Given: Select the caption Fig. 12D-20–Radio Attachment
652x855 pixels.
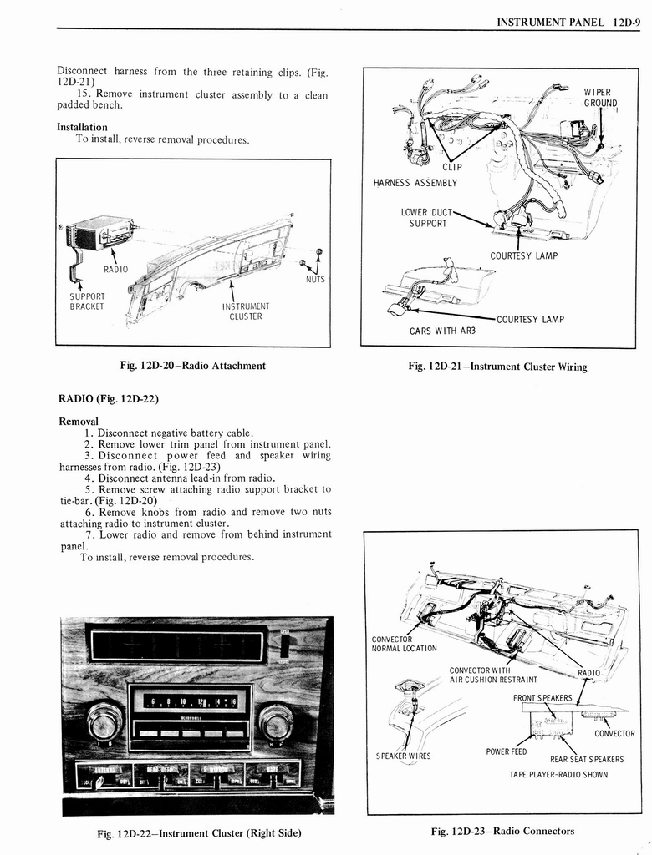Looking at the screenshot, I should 193,366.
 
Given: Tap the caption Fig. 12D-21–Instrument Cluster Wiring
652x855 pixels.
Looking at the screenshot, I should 497,367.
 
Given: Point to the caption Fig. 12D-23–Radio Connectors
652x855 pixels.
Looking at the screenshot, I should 502,831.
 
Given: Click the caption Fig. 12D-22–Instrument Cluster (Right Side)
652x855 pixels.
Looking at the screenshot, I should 198,832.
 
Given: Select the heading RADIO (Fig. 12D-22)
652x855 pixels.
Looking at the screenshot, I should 108,398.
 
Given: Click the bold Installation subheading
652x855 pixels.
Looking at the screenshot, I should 82,127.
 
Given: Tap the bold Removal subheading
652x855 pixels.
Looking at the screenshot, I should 79,421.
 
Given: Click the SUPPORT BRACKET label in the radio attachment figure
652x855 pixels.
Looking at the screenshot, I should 87,301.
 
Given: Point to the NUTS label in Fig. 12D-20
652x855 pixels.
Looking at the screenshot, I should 314,280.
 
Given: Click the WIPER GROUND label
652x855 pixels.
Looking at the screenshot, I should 599,98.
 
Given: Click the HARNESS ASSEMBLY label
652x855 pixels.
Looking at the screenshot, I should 415,183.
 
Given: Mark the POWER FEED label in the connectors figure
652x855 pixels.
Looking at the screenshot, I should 507,751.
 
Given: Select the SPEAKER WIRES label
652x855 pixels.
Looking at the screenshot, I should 404,756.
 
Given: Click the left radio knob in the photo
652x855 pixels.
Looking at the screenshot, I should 104,721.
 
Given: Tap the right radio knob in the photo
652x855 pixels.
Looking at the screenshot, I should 276,722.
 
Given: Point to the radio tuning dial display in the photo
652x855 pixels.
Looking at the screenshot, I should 190,702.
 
